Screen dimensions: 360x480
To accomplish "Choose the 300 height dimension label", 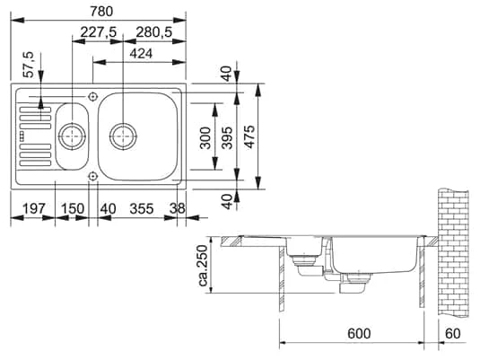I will pyautogui.click(x=205, y=136).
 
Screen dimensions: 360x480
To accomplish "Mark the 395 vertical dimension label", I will pyautogui.click(x=228, y=136).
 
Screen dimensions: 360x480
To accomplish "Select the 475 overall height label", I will pyautogui.click(x=250, y=136).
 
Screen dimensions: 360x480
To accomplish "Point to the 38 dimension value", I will pyautogui.click(x=177, y=209).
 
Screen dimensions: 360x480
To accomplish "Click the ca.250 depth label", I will pyautogui.click(x=202, y=267).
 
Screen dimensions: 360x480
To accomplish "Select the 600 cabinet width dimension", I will pyautogui.click(x=358, y=334).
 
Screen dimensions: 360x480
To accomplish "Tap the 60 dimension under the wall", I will pyautogui.click(x=454, y=334).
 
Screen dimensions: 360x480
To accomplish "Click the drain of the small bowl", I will pyautogui.click(x=70, y=136).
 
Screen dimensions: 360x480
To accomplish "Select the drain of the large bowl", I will pyautogui.click(x=122, y=136).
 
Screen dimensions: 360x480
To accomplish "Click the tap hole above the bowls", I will pyautogui.click(x=93, y=95).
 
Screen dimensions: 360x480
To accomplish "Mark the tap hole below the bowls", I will pyautogui.click(x=93, y=178).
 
